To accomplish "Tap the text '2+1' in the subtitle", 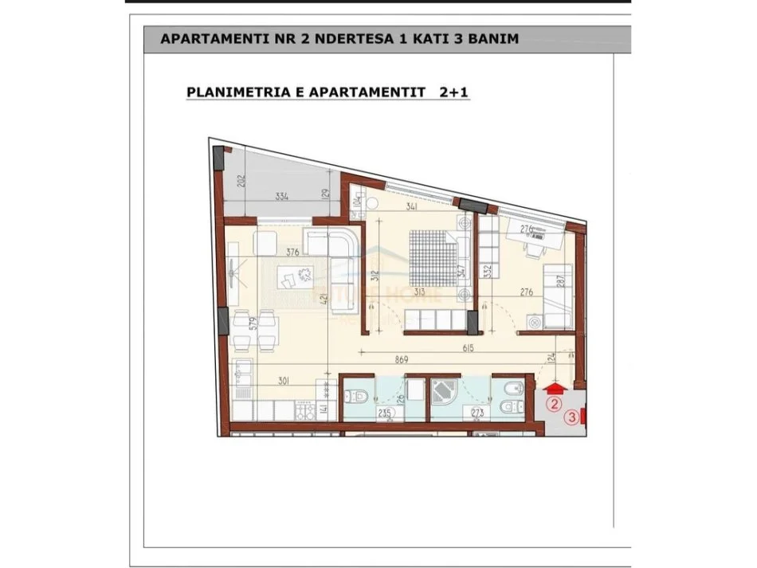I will (455, 92).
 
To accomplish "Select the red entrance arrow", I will (555, 388).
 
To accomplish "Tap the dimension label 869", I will (402, 360).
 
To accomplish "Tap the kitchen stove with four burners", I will (305, 411).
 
